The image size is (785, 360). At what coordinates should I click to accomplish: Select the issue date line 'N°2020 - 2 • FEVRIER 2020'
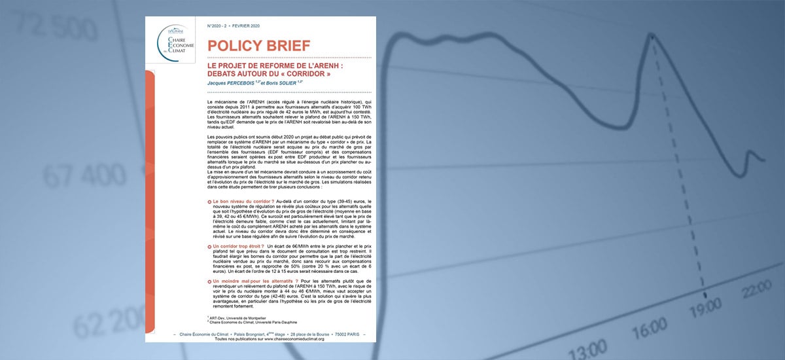click(x=233, y=26)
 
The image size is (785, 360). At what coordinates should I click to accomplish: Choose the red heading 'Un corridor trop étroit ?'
click(x=238, y=245)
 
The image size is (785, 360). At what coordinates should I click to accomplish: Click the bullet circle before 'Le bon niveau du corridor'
click(x=209, y=200)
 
